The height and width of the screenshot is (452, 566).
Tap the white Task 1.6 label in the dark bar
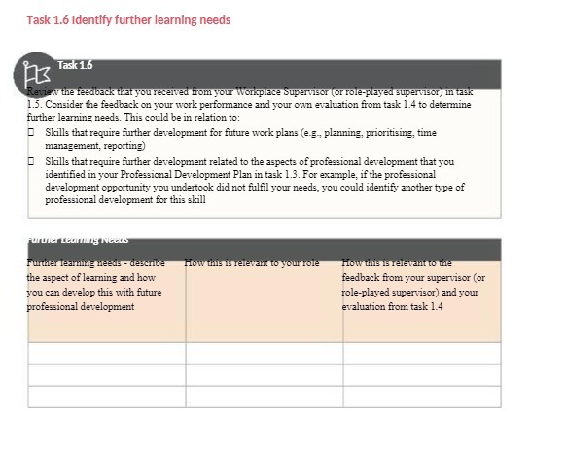(75, 65)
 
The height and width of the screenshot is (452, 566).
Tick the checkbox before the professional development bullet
(32, 161)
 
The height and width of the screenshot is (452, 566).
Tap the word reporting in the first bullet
(124, 145)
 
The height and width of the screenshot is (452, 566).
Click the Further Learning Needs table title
(79, 239)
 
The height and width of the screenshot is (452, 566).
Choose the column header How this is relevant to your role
(252, 263)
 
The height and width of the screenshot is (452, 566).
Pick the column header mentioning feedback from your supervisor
(413, 285)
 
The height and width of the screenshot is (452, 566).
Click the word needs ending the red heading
(214, 19)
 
